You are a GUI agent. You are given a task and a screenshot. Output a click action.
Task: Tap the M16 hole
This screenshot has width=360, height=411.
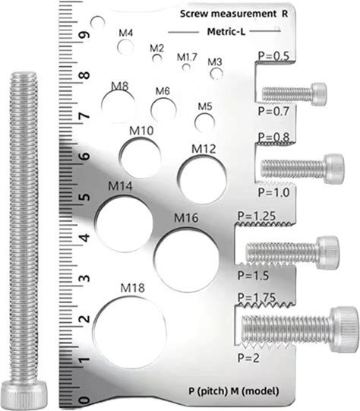click(x=186, y=259)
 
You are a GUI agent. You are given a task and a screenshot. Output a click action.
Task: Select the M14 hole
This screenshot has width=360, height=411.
click(x=124, y=223)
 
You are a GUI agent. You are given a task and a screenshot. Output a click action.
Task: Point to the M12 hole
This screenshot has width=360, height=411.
click(x=202, y=179)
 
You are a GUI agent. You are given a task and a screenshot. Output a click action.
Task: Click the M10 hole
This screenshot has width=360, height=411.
click(x=141, y=158)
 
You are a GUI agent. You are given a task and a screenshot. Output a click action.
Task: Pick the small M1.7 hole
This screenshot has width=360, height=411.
click(x=186, y=68)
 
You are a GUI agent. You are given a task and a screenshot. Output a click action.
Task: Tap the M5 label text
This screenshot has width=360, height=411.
click(x=204, y=106)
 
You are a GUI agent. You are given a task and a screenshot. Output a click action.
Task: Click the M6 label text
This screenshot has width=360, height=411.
click(x=163, y=91)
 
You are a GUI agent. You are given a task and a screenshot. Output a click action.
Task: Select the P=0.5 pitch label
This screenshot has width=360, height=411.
click(x=274, y=56)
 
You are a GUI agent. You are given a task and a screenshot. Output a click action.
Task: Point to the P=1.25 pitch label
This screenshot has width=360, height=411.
click(x=257, y=217)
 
